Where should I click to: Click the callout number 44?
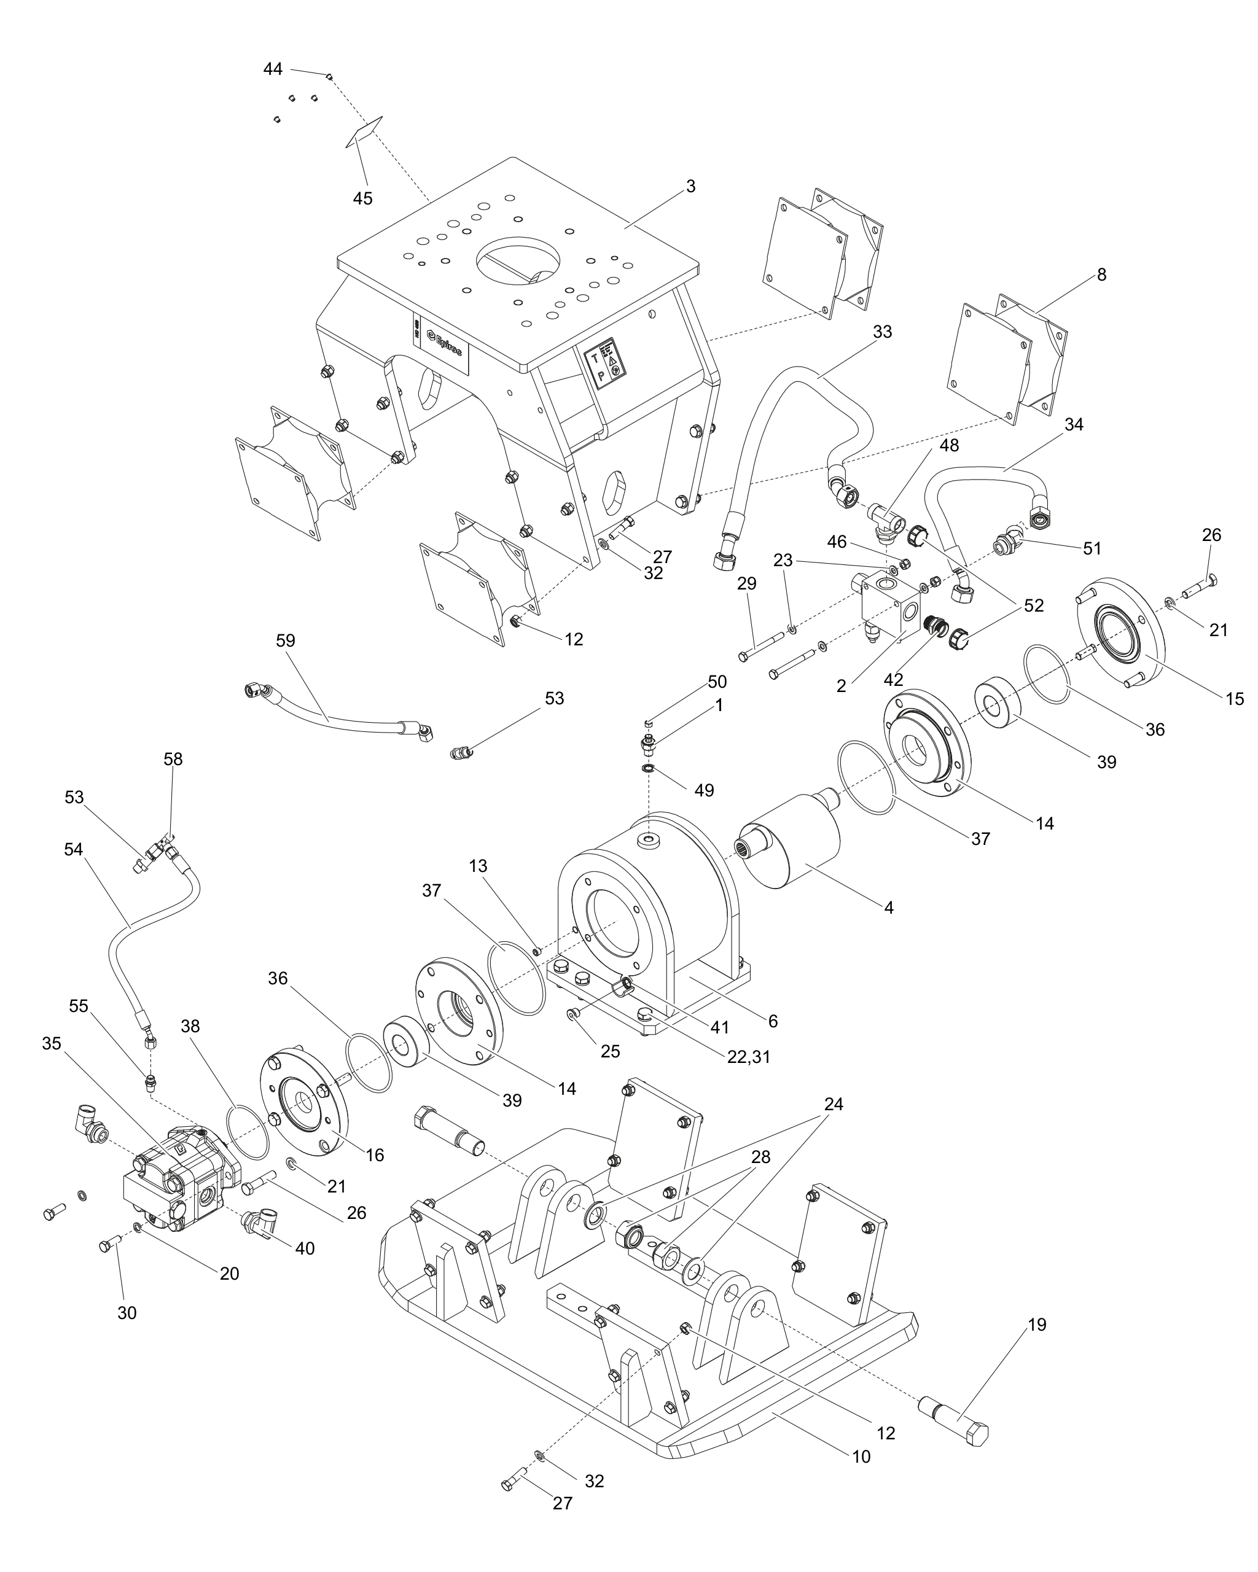pyautogui.click(x=273, y=69)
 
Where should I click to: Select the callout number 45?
pyautogui.click(x=362, y=198)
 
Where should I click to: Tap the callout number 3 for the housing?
pyautogui.click(x=690, y=187)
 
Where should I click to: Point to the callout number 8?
pyautogui.click(x=1101, y=275)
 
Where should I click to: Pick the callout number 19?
pyautogui.click(x=1036, y=1325)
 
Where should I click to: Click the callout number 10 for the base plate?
pyautogui.click(x=861, y=1457)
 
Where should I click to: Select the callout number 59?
pyautogui.click(x=286, y=641)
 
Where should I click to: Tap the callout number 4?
pyautogui.click(x=888, y=908)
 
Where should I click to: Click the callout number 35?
pyautogui.click(x=51, y=1043)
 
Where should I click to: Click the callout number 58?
pyautogui.click(x=173, y=759)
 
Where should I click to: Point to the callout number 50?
pyautogui.click(x=717, y=682)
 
